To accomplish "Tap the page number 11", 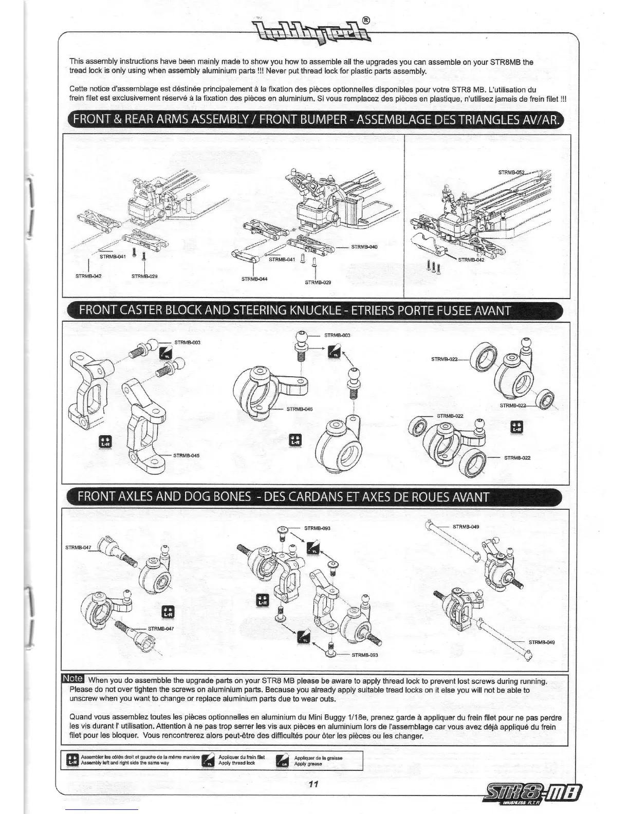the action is pyautogui.click(x=314, y=784).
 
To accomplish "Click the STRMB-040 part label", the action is pyautogui.click(x=364, y=247).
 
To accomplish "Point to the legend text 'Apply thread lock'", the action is pyautogui.click(x=236, y=763).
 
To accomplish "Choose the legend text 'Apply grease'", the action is pyautogui.click(x=308, y=764).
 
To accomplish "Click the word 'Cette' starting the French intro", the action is pyautogui.click(x=79, y=89).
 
